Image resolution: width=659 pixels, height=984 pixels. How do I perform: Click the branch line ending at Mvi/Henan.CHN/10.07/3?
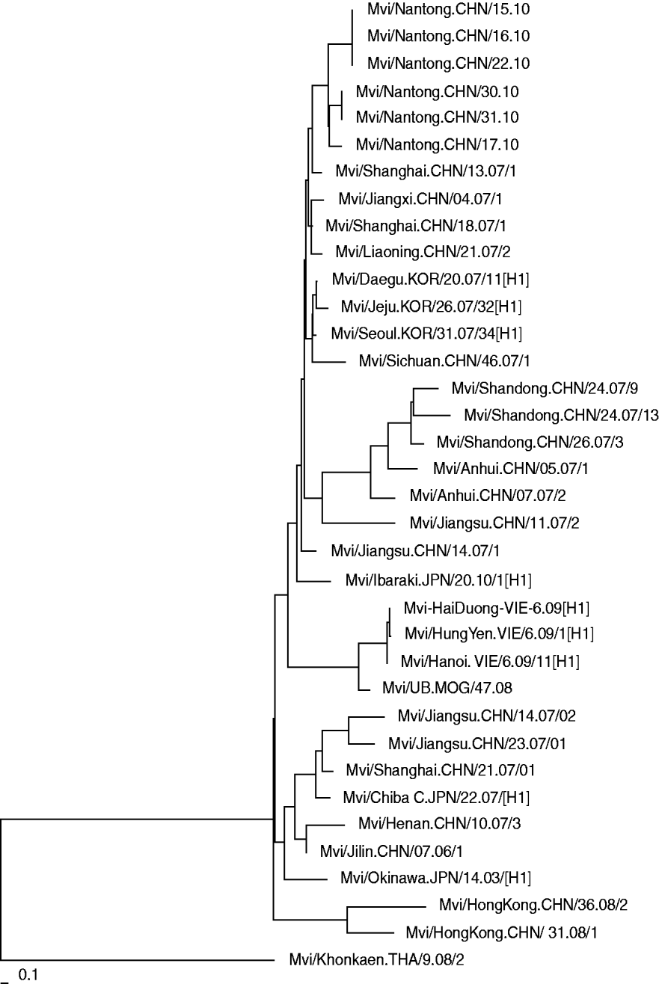coord(326,824)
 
